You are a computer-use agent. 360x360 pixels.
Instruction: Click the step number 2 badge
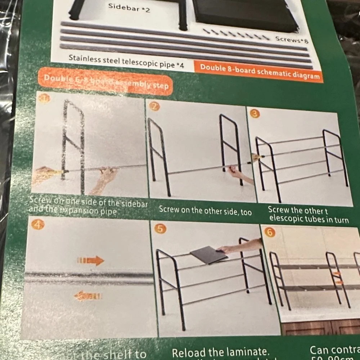tap(154, 106)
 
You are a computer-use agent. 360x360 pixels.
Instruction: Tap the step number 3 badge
tap(255, 114)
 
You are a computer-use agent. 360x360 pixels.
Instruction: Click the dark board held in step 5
tap(209, 255)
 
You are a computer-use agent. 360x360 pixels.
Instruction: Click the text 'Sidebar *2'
tap(129, 8)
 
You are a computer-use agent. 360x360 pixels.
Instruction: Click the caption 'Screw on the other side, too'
tap(205, 211)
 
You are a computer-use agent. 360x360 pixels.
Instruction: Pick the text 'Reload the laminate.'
tap(220, 352)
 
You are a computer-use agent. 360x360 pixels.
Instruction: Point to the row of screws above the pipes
tap(236, 35)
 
